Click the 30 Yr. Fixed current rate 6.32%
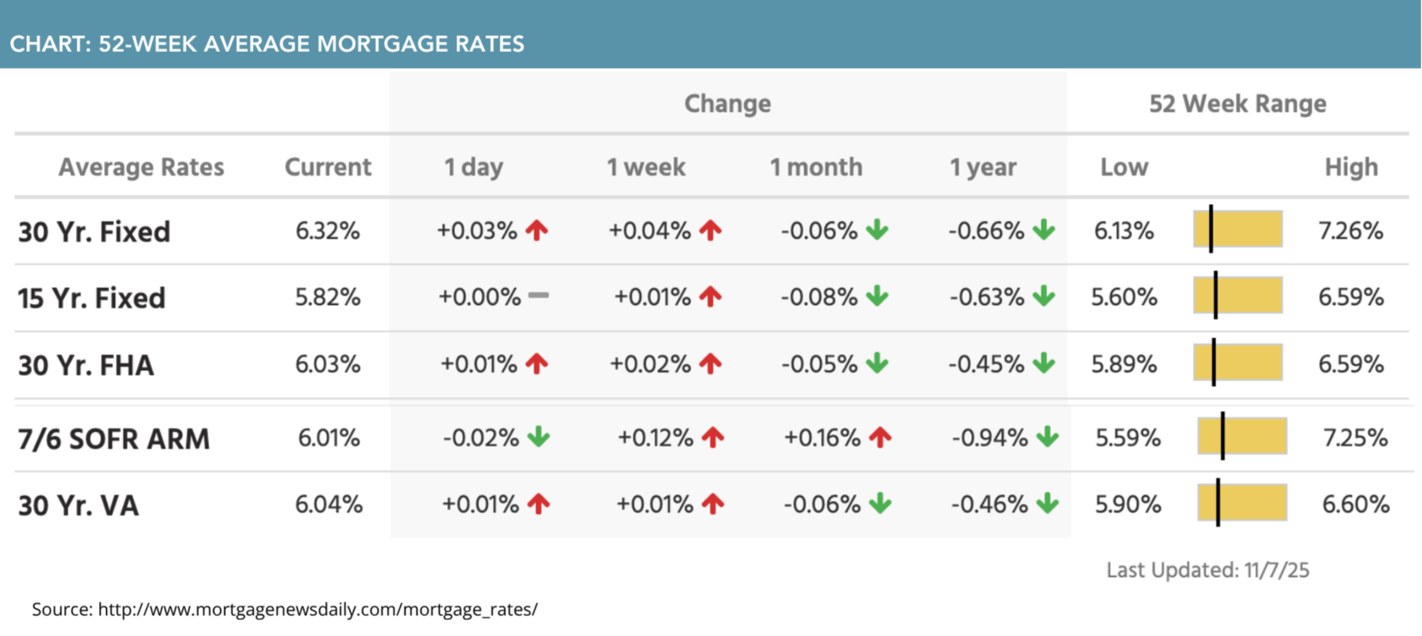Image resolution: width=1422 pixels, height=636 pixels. [x=327, y=231]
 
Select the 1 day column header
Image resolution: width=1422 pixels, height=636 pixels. [x=473, y=168]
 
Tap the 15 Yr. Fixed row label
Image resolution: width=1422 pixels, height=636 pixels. [x=92, y=298]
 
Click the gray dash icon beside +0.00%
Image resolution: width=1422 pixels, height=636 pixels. [x=539, y=296]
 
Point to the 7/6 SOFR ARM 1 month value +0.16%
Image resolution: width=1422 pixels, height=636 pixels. [x=822, y=438]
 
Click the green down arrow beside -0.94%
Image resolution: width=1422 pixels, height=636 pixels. [x=1047, y=437]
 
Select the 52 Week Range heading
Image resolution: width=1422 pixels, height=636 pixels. [x=1237, y=104]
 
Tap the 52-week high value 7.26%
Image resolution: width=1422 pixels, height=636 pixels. [x=1350, y=231]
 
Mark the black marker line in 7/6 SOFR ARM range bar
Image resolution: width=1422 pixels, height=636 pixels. [x=1222, y=436]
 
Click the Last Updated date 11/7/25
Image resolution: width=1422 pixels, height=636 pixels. [x=1276, y=571]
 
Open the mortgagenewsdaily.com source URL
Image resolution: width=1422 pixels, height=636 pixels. [x=318, y=610]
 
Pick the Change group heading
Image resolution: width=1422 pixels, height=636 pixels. [x=727, y=104]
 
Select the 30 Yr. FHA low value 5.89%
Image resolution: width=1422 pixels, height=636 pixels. [x=1123, y=365]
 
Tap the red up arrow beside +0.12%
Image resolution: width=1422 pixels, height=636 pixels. [x=712, y=437]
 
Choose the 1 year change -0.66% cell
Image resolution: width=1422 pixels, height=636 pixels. [x=986, y=231]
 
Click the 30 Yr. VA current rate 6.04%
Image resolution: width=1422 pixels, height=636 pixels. [x=328, y=505]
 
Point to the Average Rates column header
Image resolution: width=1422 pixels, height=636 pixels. [x=141, y=168]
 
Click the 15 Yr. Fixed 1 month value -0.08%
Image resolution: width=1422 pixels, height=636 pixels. [x=818, y=298]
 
